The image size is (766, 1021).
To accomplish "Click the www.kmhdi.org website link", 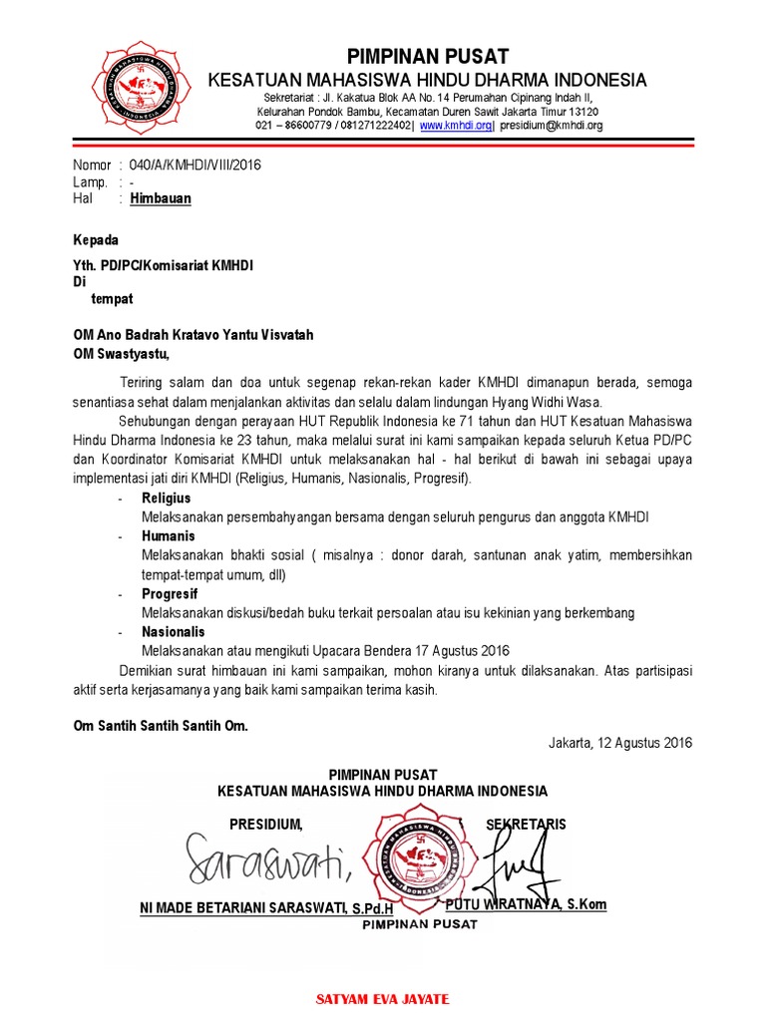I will click(456, 126).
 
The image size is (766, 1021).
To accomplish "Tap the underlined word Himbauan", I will click(161, 198).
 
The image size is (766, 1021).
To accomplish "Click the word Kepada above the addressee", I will click(96, 240).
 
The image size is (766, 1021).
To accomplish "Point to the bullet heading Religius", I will click(166, 498).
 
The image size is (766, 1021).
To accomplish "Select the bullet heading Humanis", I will click(168, 536).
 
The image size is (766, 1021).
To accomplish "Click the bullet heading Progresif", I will click(170, 593).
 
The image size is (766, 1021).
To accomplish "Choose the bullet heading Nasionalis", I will click(173, 631).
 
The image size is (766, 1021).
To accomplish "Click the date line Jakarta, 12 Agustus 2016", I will click(619, 743).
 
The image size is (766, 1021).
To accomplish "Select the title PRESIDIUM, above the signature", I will click(265, 825).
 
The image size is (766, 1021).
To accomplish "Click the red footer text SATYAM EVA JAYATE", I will click(382, 998).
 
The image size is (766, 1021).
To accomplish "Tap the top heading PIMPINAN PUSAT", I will click(427, 56).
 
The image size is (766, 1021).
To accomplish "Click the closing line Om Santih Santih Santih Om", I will click(161, 726).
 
